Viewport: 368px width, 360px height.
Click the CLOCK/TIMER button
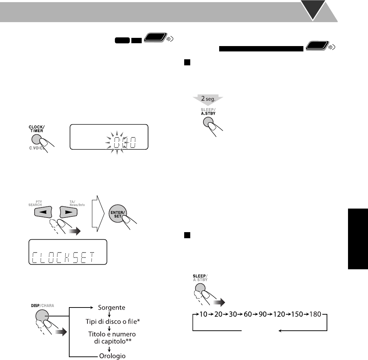pos(36,140)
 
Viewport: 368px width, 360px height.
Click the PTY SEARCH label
pos(35,203)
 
